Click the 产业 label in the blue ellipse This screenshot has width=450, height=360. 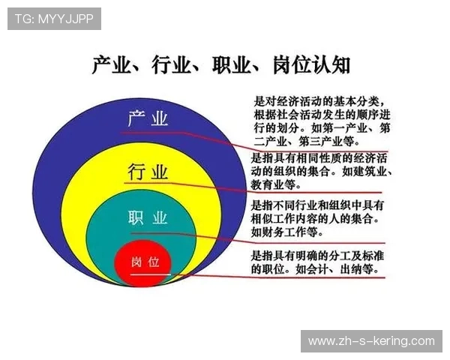[x=148, y=119]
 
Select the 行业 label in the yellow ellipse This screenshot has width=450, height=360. [x=148, y=172]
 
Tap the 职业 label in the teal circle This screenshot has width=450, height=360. [x=147, y=218]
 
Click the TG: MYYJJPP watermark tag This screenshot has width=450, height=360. [x=54, y=19]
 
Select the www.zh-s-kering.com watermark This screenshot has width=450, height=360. [x=371, y=340]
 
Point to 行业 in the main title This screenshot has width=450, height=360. [x=169, y=66]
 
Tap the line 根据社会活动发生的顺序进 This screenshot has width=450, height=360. [x=322, y=115]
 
